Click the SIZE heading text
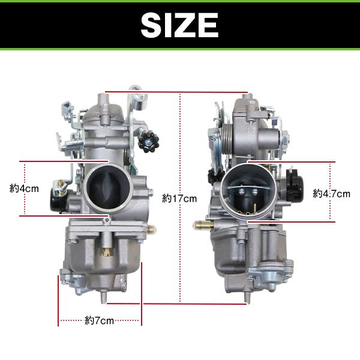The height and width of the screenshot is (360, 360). [x=179, y=25]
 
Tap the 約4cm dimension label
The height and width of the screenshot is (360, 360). [x=24, y=189]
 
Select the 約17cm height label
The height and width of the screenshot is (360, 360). [x=179, y=199]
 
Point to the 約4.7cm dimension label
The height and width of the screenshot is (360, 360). [x=331, y=194]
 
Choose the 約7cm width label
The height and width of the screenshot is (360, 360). [x=99, y=320]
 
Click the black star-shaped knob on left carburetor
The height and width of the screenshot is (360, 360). [x=148, y=141]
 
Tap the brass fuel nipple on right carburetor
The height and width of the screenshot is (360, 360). [x=203, y=225]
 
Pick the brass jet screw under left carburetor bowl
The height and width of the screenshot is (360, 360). [x=106, y=252]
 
